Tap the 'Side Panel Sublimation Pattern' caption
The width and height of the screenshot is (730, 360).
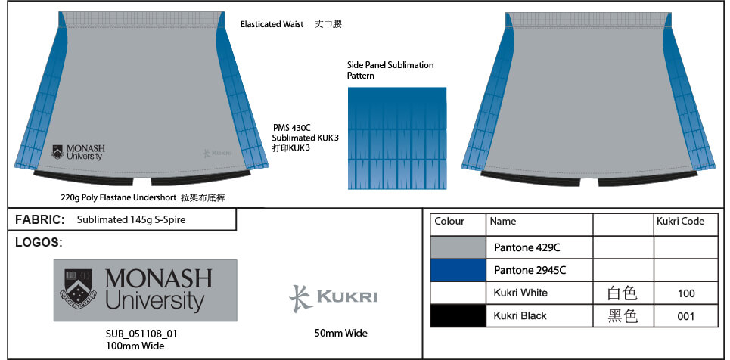click(390, 70)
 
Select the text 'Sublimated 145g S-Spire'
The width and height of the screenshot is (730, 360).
click(131, 220)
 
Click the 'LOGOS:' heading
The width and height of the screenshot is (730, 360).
click(39, 243)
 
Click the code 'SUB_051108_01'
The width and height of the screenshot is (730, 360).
click(141, 334)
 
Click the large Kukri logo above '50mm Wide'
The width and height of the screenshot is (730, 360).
click(333, 297)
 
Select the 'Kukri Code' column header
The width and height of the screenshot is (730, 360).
click(679, 222)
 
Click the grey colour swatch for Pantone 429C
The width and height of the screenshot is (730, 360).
click(456, 247)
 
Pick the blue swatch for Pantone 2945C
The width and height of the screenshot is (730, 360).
click(456, 270)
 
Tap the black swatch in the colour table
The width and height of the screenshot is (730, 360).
click(456, 316)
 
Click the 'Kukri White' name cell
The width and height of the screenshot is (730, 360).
click(520, 293)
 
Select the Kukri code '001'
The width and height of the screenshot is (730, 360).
click(685, 316)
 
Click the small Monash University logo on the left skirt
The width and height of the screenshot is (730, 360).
click(78, 151)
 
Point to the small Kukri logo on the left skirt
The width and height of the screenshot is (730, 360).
click(216, 154)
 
